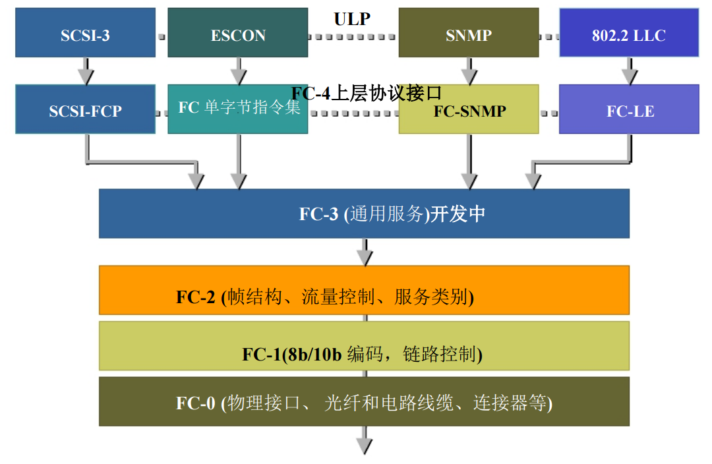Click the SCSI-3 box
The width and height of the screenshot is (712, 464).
tap(85, 33)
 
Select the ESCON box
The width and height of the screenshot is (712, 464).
tap(237, 33)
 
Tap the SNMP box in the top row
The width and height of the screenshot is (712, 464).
tap(468, 33)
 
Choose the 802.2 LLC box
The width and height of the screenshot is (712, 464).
tap(628, 33)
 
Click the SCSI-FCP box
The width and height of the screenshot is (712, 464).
tap(85, 109)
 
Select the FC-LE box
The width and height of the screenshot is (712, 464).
tap(628, 109)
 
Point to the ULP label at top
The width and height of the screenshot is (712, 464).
tap(352, 18)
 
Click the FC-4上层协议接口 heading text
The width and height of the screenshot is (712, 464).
tap(367, 93)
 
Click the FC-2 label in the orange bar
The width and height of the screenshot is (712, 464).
tap(196, 297)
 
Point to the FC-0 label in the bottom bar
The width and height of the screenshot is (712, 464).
tap(196, 403)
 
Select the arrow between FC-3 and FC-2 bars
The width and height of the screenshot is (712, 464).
tap(365, 251)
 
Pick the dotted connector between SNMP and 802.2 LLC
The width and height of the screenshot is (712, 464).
tap(549, 37)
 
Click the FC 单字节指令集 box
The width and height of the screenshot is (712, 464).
tap(237, 109)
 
